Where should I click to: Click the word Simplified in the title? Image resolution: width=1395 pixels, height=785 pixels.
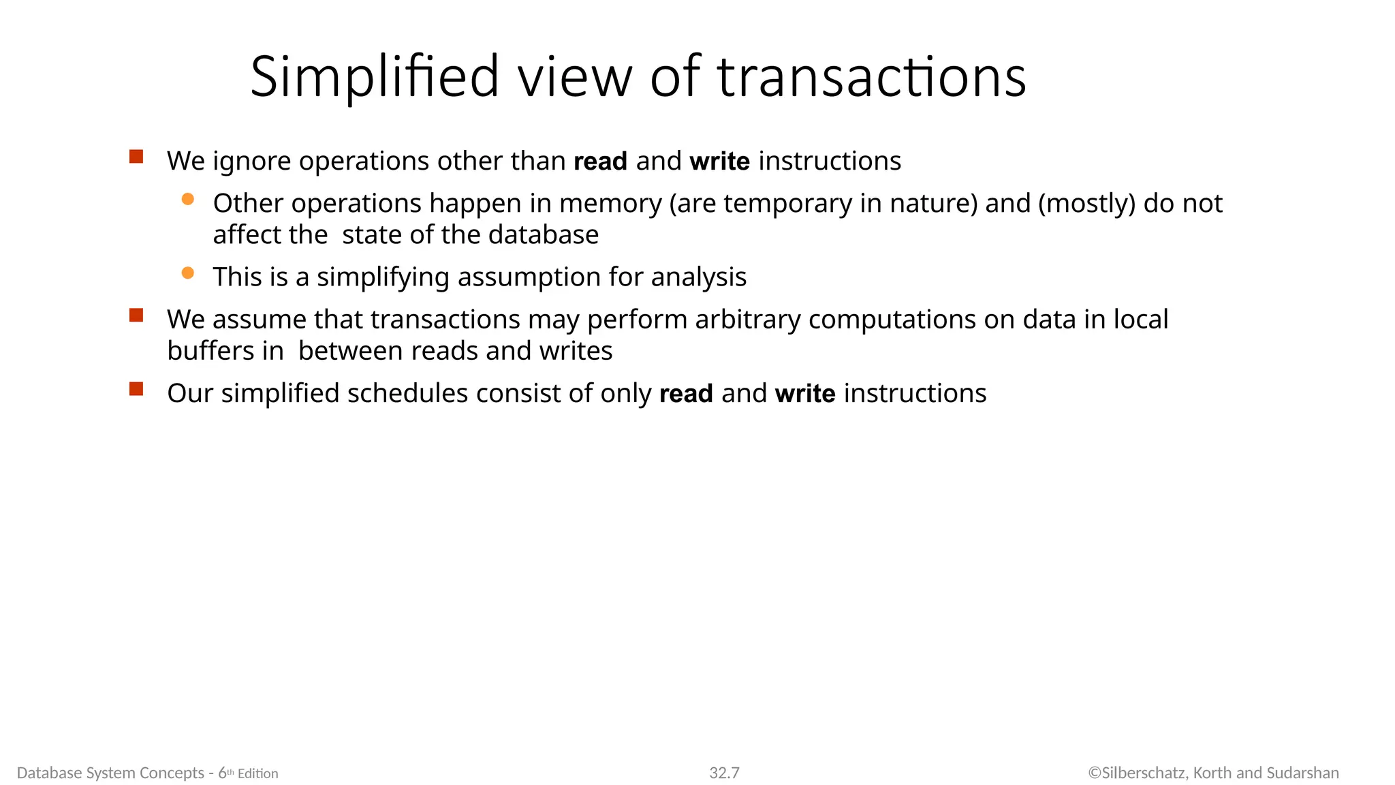point(375,76)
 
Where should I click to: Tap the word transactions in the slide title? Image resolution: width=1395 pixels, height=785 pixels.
point(871,76)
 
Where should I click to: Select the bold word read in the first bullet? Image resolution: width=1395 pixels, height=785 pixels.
point(600,161)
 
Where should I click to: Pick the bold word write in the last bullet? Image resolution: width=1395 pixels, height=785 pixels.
point(805,394)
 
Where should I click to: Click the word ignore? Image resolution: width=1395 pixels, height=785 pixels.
point(252,161)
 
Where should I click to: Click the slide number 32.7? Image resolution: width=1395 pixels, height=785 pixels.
point(724,773)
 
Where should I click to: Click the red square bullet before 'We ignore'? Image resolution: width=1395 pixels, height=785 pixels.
point(136,157)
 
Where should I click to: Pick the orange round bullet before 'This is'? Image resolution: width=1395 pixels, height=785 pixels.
point(188,273)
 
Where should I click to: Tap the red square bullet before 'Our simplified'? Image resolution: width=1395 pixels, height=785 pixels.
point(136,389)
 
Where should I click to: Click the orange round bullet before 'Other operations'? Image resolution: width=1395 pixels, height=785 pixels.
point(188,199)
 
